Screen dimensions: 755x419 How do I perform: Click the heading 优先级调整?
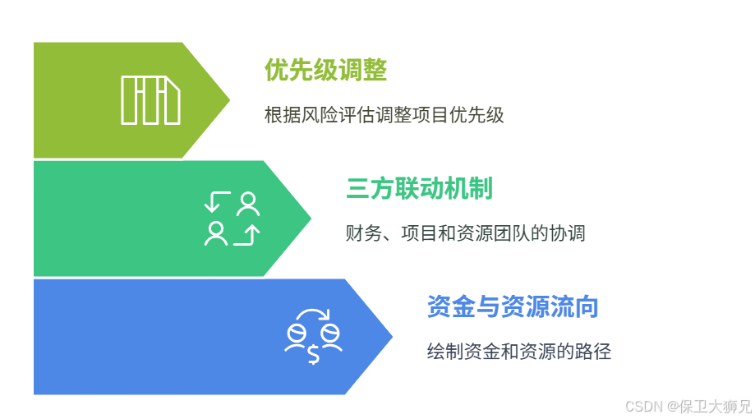pyautogui.click(x=325, y=71)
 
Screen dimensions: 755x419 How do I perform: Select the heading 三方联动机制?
pyautogui.click(x=419, y=189)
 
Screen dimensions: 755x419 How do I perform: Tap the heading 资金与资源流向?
pyautogui.click(x=513, y=307)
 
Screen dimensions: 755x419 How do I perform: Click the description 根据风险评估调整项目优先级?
pyautogui.click(x=384, y=115)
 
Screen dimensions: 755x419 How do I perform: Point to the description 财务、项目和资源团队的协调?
pyautogui.click(x=465, y=233)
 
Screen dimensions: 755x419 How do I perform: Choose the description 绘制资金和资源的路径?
pyautogui.click(x=519, y=352)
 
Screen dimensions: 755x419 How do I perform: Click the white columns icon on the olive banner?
pyautogui.click(x=150, y=100)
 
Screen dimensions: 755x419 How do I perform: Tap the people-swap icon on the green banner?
pyautogui.click(x=232, y=219)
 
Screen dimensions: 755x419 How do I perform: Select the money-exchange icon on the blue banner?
pyautogui.click(x=313, y=336)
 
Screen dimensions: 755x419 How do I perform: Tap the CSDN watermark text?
pyautogui.click(x=644, y=406)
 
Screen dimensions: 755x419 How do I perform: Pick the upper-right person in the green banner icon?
pyautogui.click(x=247, y=203)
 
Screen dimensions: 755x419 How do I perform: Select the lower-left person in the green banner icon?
pyautogui.click(x=216, y=233)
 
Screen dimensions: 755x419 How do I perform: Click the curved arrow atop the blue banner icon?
pyautogui.click(x=313, y=315)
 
